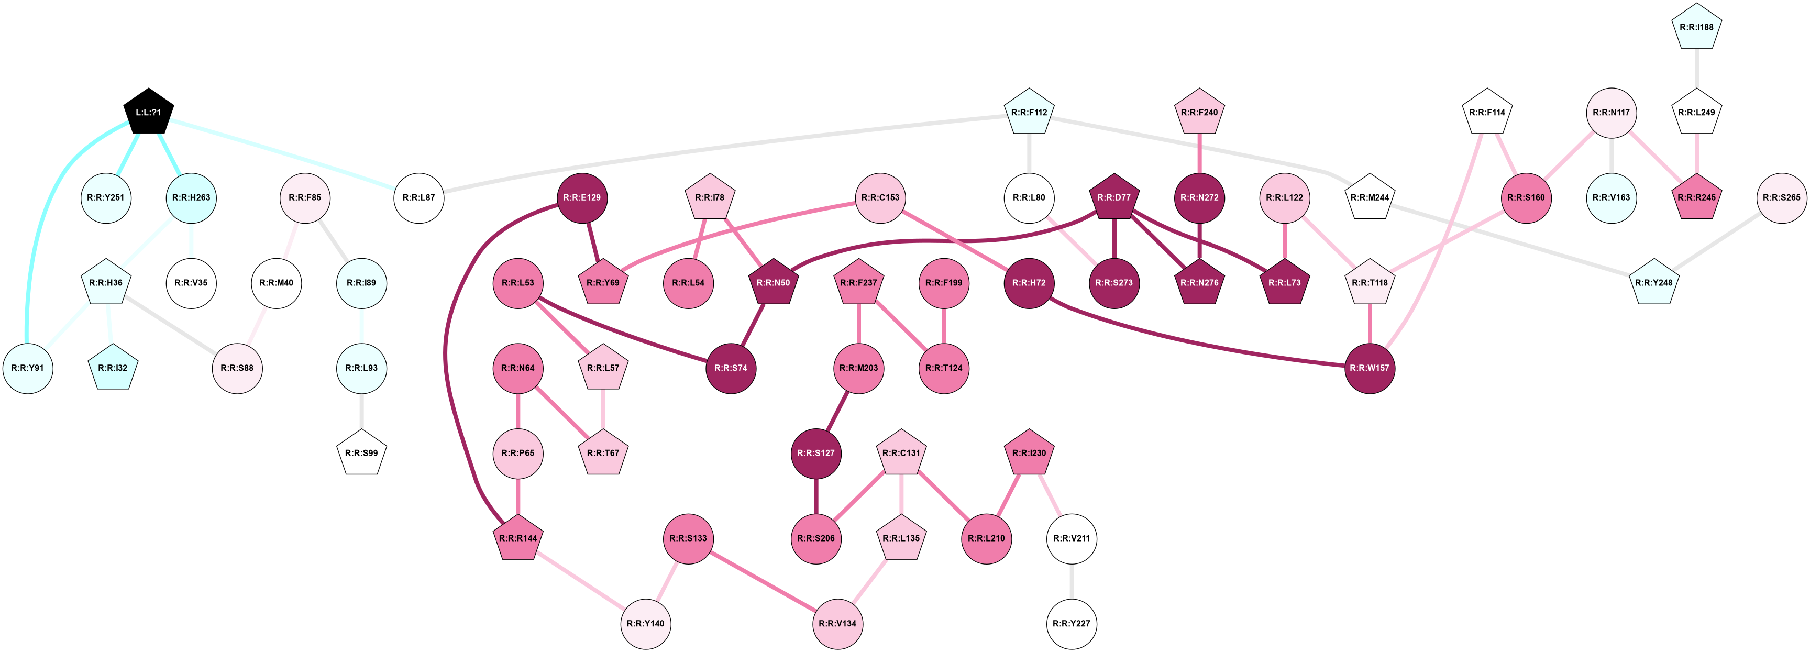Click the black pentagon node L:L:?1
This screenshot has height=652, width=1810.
pos(148,113)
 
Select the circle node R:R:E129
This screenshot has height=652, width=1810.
pos(582,198)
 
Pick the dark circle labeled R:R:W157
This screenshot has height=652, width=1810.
pos(1370,368)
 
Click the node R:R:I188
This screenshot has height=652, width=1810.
pos(1696,27)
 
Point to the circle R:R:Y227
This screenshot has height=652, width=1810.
pos(1072,623)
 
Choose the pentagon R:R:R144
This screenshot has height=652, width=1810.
pos(518,538)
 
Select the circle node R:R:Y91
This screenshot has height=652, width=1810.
pos(28,368)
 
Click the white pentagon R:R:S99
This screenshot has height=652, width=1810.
pos(362,453)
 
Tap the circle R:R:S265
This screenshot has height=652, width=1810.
pos(1781,198)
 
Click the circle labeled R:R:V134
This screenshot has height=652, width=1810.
pos(837,623)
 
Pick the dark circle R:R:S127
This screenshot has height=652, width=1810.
pos(816,453)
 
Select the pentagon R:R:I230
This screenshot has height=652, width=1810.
pos(1029,453)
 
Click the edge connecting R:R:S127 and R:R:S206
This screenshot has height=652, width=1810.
pos(816,496)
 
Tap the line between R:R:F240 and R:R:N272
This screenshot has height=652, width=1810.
pos(1199,154)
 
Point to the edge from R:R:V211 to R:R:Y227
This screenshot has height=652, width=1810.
pos(1072,581)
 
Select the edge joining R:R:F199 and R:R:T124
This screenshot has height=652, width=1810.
pos(944,325)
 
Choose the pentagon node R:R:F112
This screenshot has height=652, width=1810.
pos(1029,113)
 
